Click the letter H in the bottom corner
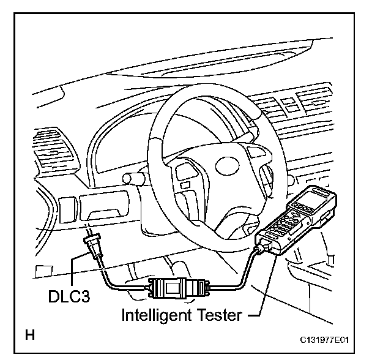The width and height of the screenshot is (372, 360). pos(29,335)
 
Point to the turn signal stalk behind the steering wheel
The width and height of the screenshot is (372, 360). pos(136,178)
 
